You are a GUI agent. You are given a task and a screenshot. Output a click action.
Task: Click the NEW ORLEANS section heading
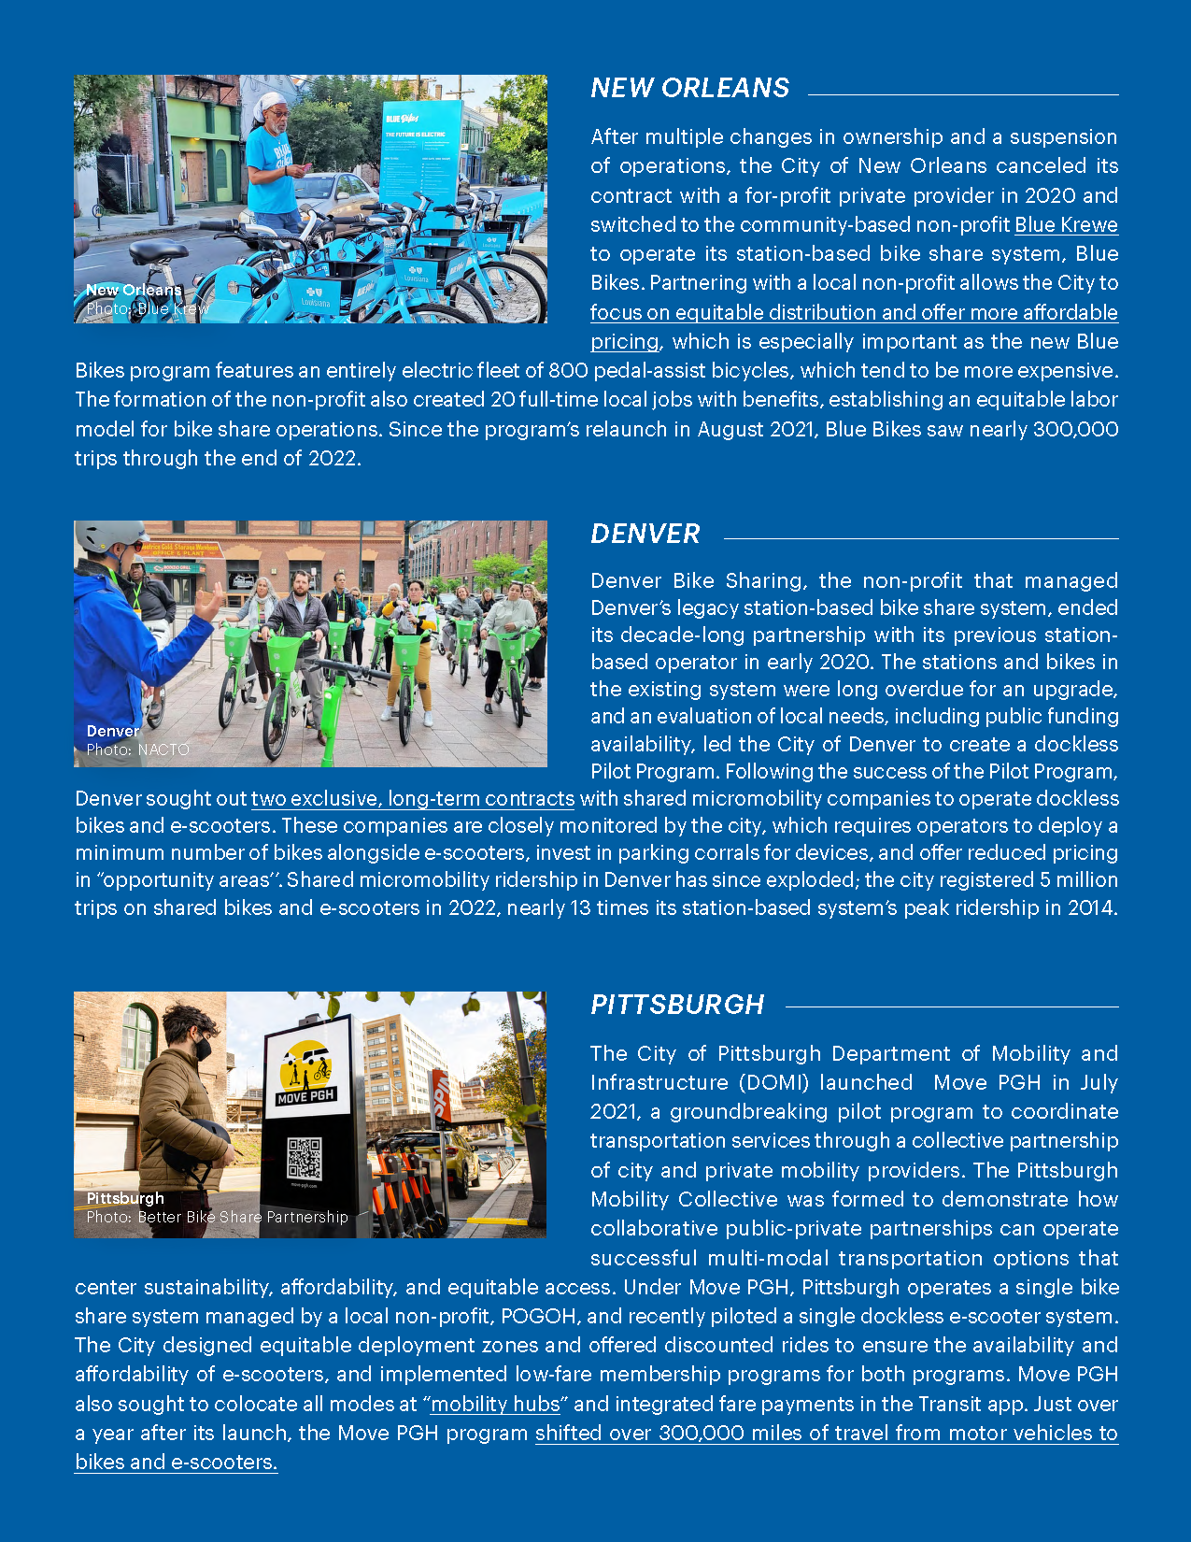click(x=689, y=88)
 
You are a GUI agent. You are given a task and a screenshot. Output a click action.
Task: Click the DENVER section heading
click(x=645, y=534)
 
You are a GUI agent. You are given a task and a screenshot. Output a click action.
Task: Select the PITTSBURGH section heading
click(x=677, y=1005)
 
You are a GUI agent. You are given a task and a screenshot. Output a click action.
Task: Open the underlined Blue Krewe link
click(x=1066, y=225)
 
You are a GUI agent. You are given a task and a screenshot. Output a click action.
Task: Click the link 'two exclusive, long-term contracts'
click(x=413, y=799)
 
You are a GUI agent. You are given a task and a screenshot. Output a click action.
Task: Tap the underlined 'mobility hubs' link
click(x=495, y=1405)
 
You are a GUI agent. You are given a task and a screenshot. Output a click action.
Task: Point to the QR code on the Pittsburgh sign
click(x=305, y=1158)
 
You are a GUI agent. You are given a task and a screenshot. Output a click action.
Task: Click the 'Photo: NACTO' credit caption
click(x=137, y=750)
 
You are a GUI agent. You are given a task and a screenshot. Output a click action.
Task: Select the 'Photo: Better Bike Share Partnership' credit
click(x=217, y=1217)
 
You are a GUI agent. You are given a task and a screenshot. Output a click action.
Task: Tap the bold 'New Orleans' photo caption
click(x=134, y=290)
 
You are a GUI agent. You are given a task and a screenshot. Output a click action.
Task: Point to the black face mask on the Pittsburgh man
click(x=203, y=1049)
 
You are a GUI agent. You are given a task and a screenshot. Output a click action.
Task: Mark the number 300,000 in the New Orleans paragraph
click(x=1074, y=430)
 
